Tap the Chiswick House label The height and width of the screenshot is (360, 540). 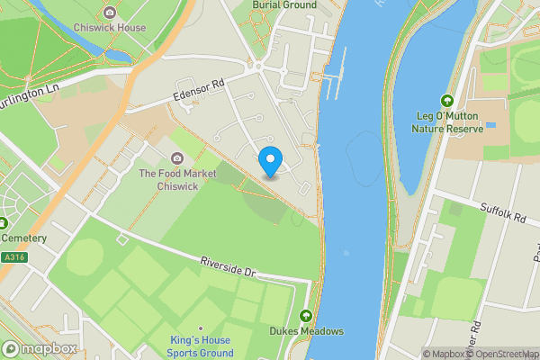110,28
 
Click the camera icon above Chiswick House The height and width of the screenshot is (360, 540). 110,13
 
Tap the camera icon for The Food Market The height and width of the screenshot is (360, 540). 176,158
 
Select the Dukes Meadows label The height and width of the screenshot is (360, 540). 307,331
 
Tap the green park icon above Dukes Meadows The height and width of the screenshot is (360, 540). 307,316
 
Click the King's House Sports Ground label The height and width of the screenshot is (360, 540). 200,346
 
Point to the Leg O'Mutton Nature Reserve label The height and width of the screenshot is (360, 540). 447,122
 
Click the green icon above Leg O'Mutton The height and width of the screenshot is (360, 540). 447,101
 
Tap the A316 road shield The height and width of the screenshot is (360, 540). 13,256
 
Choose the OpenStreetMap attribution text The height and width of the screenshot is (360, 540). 504,354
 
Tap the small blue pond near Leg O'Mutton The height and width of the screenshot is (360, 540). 490,124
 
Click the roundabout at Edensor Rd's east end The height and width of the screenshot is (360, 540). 257,66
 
